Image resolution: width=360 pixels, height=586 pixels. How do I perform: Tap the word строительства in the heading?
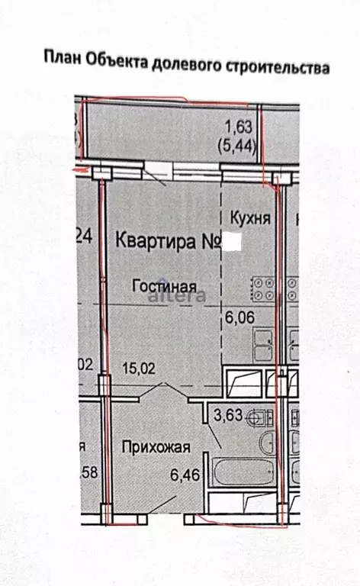pos(278,69)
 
